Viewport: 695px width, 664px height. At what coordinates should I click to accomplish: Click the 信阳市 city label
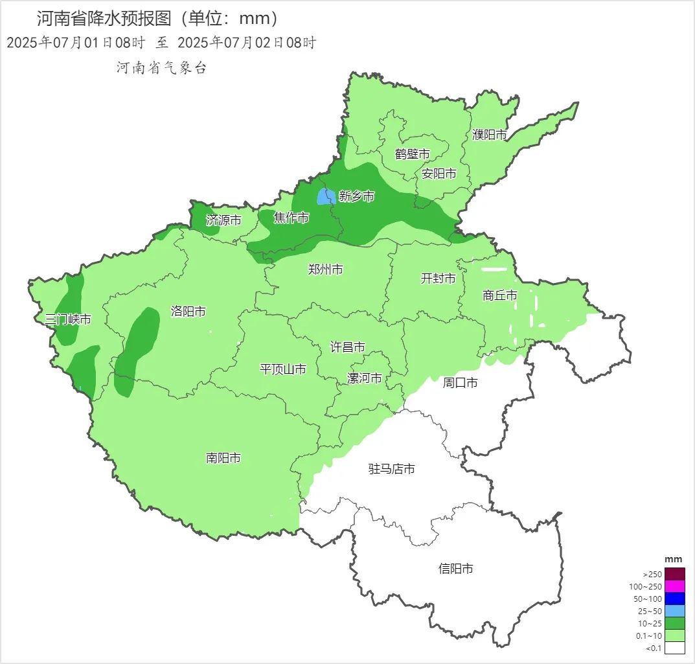coord(455,569)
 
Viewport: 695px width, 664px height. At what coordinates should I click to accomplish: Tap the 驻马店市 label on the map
coord(391,469)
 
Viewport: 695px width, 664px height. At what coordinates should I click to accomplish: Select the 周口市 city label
coord(460,383)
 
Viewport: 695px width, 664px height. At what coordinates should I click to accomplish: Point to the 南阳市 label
coord(223,458)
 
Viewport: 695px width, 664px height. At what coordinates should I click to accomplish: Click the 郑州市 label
coord(325,269)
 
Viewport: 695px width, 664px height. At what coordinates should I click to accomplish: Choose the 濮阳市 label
coord(489,135)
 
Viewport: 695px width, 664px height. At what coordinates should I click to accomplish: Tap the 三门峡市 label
coord(68,319)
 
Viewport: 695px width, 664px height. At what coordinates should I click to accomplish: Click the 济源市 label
coord(223,220)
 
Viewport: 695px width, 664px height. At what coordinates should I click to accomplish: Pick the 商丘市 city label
coord(500,295)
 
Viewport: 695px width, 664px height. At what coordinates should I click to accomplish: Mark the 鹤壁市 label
coord(413,154)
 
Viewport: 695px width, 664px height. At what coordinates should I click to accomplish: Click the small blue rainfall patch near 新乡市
coord(325,196)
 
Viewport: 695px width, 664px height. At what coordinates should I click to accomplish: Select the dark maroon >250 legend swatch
coord(674,574)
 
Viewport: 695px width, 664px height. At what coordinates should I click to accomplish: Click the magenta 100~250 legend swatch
coord(674,586)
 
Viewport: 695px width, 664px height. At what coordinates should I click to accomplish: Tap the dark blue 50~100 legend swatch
coord(674,599)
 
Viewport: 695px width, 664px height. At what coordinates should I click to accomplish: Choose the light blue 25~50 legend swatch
coord(674,611)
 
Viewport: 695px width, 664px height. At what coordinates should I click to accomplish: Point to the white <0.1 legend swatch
coord(674,648)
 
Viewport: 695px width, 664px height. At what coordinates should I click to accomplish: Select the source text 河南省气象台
coord(161,68)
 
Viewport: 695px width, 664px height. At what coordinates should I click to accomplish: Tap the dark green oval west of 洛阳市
coord(137,350)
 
